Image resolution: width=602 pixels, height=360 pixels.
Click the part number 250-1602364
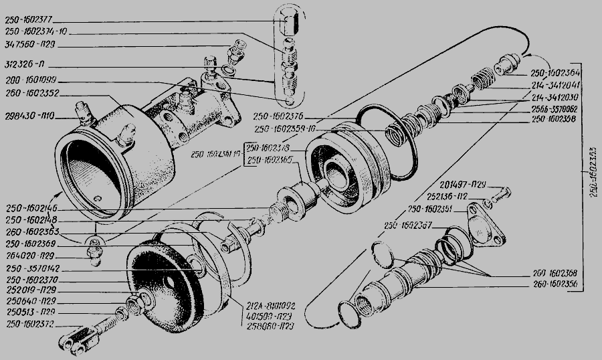(x=555, y=74)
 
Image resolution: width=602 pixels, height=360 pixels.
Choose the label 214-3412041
(x=555, y=86)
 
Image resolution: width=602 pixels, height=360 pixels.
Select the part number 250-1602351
(x=431, y=209)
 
